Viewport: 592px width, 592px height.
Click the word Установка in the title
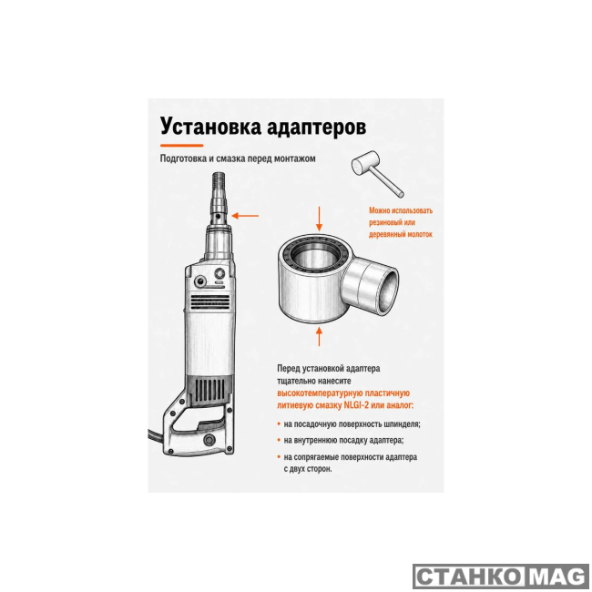click(210, 126)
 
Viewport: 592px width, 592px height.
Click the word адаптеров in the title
click(316, 127)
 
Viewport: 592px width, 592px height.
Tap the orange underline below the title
click(181, 146)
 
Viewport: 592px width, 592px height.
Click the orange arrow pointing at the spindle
click(245, 216)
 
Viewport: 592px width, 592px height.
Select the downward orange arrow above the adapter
click(320, 219)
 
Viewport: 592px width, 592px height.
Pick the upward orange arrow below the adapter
click(320, 337)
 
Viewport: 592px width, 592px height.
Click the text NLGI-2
click(356, 405)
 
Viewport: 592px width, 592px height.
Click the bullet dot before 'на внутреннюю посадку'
click(279, 441)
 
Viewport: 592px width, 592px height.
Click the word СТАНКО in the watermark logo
click(467, 577)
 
